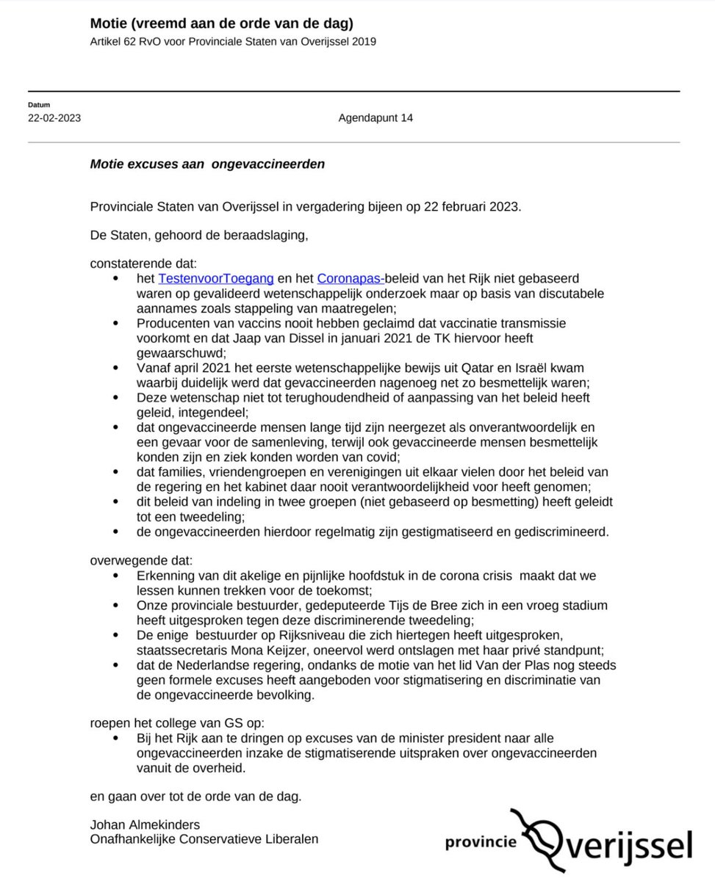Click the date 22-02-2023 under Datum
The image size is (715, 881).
54,118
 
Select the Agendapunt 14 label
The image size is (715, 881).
376,118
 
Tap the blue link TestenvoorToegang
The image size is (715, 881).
216,279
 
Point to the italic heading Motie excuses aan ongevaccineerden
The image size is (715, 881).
206,164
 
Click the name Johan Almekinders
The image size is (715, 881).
145,824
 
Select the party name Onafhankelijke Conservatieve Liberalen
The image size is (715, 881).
204,838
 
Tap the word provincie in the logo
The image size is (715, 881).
481,842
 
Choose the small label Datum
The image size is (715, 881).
39,105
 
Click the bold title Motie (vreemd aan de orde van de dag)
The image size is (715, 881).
221,24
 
